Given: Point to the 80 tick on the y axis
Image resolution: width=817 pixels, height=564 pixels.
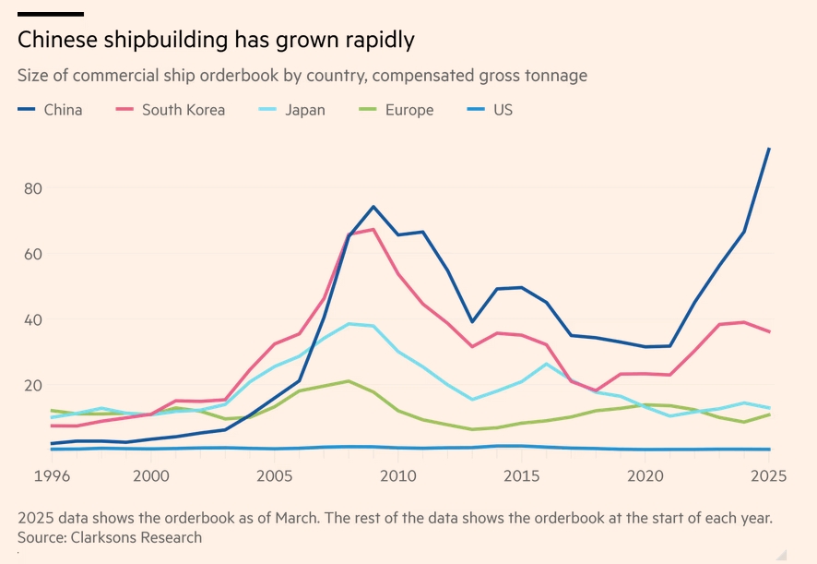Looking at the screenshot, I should (33, 188).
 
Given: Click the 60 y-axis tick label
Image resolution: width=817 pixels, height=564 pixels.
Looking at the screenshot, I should (33, 254).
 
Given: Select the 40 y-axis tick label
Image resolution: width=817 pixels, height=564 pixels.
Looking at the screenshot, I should (33, 320).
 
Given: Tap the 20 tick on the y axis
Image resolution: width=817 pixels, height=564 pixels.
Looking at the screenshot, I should (33, 386).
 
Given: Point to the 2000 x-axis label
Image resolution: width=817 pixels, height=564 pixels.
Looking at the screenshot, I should (151, 476).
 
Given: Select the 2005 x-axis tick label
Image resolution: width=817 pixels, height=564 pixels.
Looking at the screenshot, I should (275, 476).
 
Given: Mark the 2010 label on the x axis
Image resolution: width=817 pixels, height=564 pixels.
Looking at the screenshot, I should (397, 476).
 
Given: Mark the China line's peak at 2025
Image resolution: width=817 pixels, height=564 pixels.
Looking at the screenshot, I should (770, 149).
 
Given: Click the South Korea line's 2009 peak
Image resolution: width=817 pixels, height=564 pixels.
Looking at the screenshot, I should (373, 229).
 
